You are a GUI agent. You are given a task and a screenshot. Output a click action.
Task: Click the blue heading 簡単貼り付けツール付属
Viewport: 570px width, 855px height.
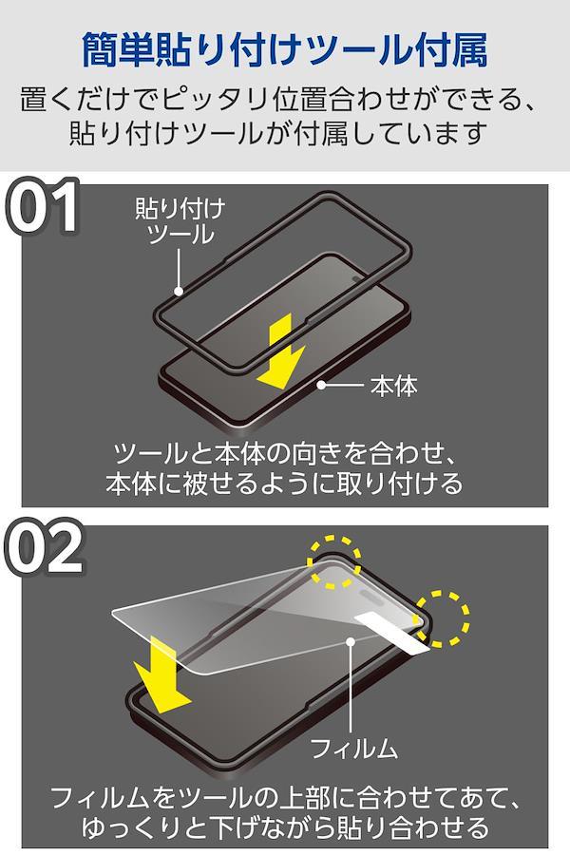[x=284, y=50]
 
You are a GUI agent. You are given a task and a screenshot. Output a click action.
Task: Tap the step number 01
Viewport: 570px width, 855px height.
[x=42, y=207]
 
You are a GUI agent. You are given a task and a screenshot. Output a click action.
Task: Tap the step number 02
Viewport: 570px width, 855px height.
[x=44, y=547]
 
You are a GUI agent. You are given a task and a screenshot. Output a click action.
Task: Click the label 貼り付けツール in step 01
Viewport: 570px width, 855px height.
[x=180, y=222]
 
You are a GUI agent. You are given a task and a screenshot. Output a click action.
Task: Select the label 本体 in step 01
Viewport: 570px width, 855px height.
[x=394, y=386]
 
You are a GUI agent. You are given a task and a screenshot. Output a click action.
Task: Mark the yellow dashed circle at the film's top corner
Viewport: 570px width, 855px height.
[x=333, y=562]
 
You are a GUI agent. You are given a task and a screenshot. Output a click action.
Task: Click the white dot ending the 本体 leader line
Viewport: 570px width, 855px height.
[x=322, y=385]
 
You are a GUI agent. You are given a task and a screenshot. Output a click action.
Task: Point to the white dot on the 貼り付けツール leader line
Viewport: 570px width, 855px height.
[x=179, y=292]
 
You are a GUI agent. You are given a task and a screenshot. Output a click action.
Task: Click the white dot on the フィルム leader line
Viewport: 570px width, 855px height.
[x=351, y=641]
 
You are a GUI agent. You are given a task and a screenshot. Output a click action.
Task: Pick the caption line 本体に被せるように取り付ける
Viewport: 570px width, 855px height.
[x=284, y=483]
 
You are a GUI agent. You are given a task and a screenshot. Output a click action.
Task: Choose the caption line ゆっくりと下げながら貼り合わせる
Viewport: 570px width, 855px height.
[x=285, y=826]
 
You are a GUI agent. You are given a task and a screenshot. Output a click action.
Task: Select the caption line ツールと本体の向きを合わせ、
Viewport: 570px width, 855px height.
[x=284, y=452]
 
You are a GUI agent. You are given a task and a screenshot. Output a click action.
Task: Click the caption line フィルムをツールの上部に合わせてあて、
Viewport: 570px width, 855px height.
[x=284, y=797]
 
